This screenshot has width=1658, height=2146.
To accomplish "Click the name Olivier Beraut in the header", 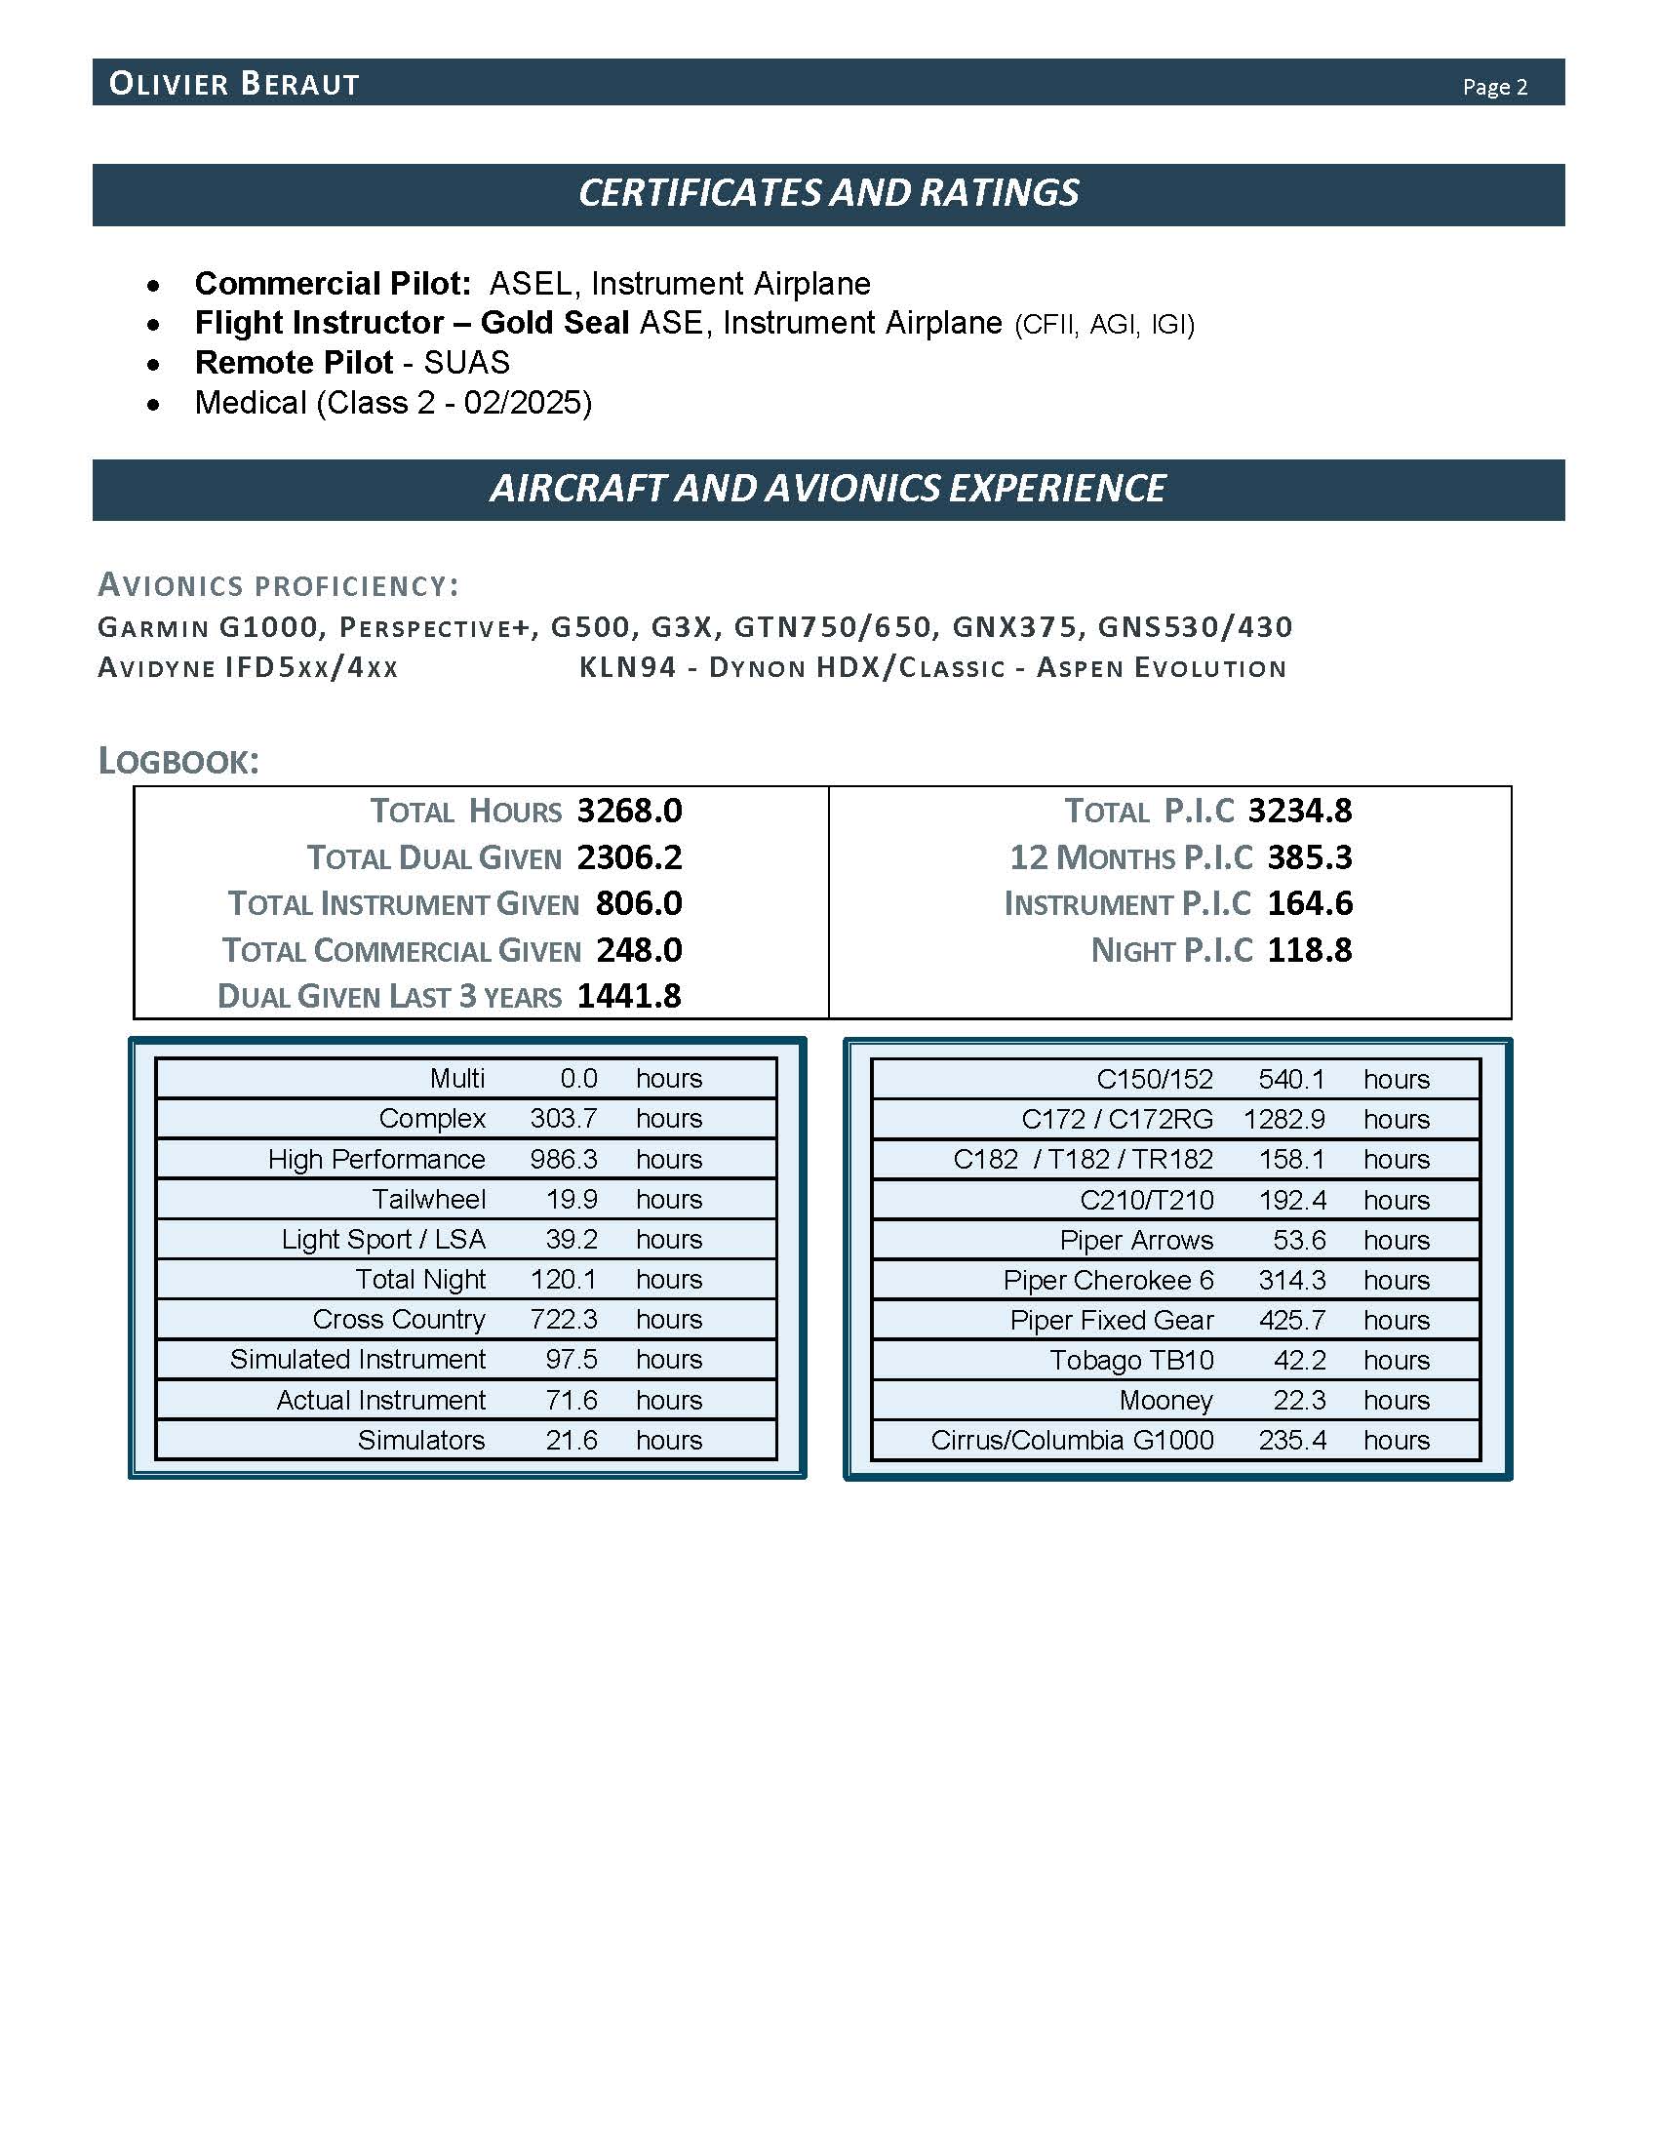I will [234, 84].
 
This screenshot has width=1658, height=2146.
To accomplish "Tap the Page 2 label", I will [1494, 87].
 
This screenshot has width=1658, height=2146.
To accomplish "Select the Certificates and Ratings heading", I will [828, 192].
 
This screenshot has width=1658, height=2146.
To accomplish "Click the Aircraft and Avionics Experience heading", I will [828, 489].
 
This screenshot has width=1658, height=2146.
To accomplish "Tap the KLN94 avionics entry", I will [627, 668].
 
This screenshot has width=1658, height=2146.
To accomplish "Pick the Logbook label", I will [178, 761].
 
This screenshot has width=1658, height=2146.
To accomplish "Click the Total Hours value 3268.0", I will [629, 811].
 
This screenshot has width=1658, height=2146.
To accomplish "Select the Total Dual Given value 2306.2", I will [629, 856].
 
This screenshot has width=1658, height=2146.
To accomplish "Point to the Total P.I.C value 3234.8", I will [1299, 811].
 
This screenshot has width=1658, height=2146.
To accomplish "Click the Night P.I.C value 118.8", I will [1309, 950].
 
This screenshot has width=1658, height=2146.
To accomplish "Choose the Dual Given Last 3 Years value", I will [629, 996].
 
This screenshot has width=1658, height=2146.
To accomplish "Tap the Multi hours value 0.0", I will [578, 1078].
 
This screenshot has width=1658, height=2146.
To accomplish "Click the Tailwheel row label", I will [428, 1199].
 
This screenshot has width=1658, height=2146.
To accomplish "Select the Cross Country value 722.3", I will [564, 1319].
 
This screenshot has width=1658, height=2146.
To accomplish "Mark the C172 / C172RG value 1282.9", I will [1283, 1119].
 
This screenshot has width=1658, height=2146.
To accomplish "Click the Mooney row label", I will [1165, 1400].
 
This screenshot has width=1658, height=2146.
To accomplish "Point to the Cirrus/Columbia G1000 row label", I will [1072, 1440].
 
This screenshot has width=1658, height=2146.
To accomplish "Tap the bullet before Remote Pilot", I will [153, 365].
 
